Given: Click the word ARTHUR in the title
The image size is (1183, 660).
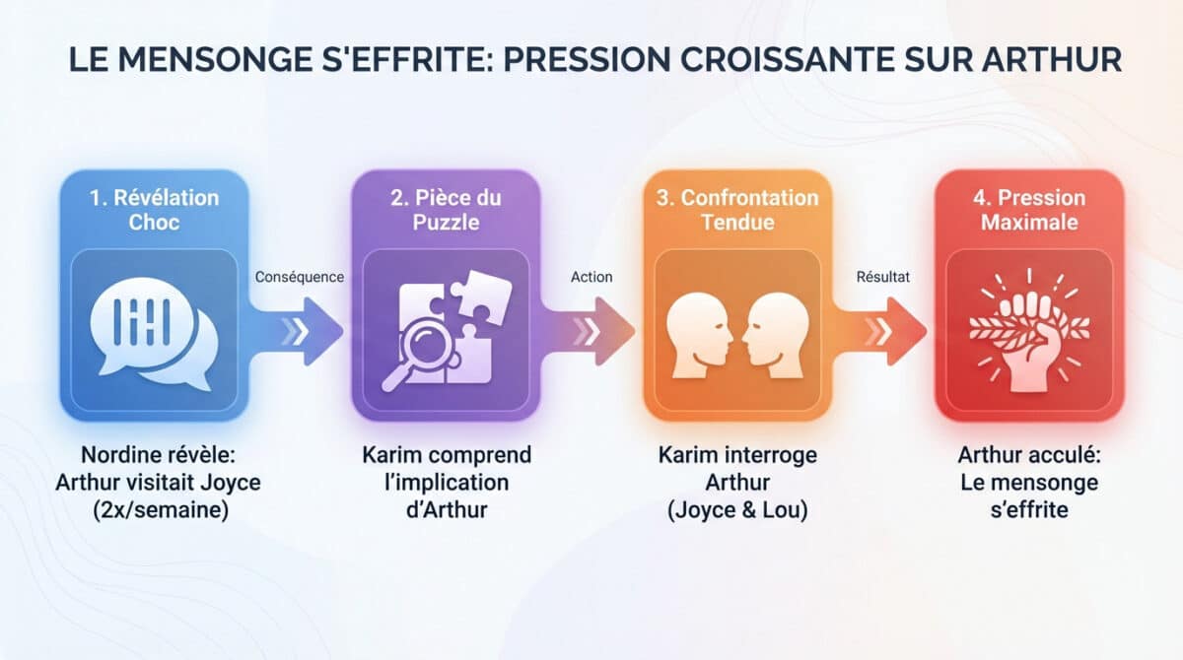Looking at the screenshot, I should [x=1052, y=58].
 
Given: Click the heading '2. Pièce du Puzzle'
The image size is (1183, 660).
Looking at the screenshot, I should [x=446, y=209].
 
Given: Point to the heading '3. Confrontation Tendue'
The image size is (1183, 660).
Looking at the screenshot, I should [x=738, y=209].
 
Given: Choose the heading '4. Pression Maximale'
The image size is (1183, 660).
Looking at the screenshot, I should [x=1029, y=209].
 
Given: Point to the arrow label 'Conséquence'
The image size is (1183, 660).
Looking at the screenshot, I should [x=299, y=277].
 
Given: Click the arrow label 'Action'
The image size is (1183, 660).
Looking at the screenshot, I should [x=591, y=277].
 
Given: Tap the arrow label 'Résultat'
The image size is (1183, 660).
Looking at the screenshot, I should [x=882, y=277].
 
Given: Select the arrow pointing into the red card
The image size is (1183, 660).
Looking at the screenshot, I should [x=883, y=331].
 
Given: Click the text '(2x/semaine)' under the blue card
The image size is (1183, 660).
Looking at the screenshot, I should [x=155, y=511].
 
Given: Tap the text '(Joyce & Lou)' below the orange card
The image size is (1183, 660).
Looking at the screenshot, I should [x=738, y=511].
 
